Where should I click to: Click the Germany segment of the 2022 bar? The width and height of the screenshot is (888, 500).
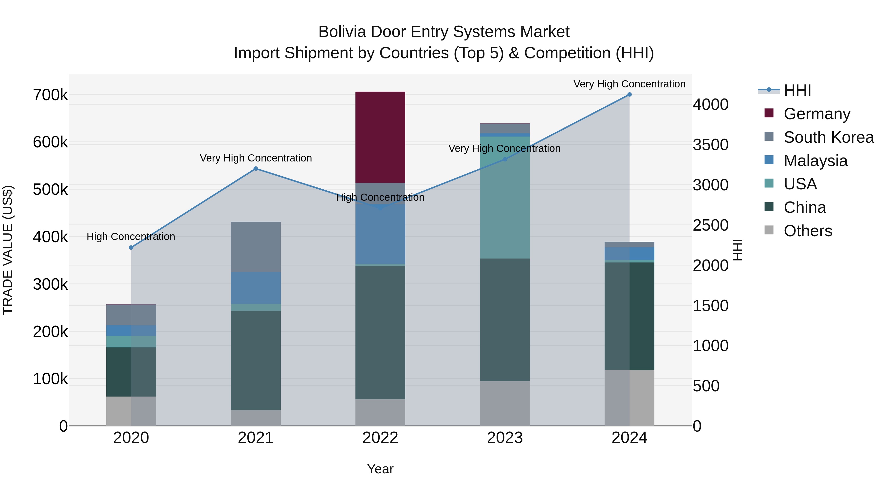(380, 137)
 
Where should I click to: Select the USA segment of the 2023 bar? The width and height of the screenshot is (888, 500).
(505, 197)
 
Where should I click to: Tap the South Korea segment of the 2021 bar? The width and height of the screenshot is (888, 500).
(256, 247)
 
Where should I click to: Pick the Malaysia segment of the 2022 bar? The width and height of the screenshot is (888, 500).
(380, 234)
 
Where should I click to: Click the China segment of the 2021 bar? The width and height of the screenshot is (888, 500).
(256, 360)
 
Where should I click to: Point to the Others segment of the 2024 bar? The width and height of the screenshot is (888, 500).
(629, 398)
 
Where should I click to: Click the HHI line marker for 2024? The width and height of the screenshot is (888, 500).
(629, 95)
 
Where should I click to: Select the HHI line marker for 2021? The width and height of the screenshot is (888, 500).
(256, 169)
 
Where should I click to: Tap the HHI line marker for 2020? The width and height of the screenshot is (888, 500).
(131, 247)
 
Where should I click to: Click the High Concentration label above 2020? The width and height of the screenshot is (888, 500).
(131, 237)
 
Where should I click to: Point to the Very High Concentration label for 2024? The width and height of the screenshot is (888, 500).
(629, 84)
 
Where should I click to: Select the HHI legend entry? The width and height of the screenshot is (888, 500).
(797, 90)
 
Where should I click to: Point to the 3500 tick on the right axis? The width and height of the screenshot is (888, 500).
(711, 145)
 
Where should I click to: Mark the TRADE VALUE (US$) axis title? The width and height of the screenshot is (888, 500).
(8, 250)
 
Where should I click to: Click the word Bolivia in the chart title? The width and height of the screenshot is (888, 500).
(342, 32)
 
